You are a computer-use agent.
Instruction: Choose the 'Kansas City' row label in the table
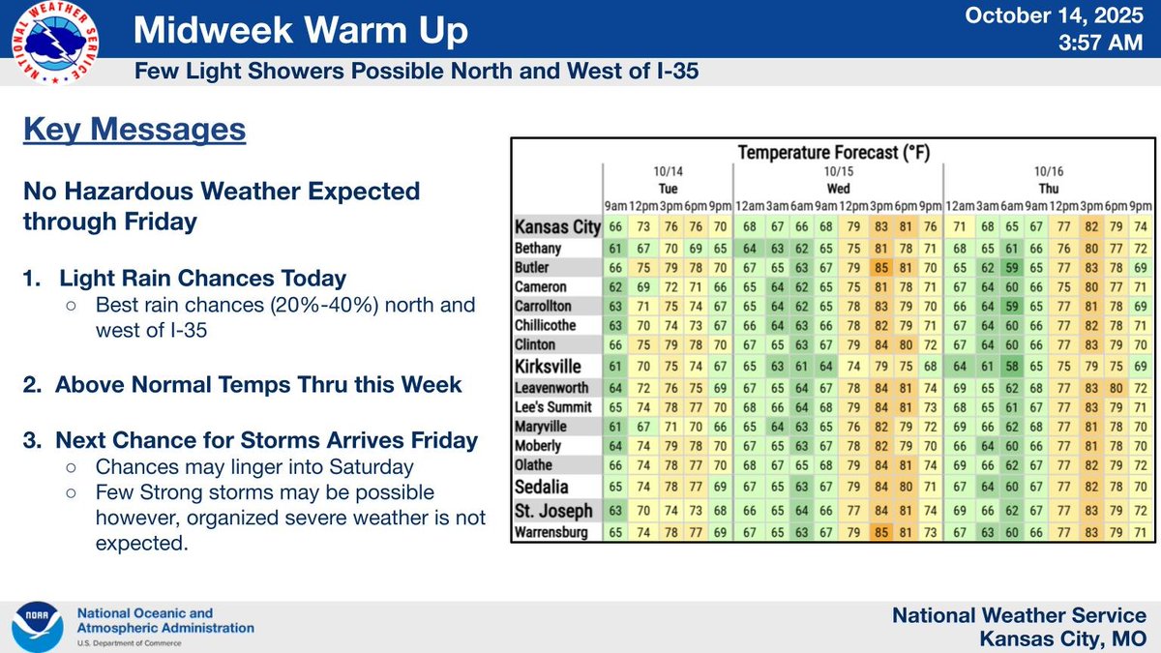click(x=557, y=226)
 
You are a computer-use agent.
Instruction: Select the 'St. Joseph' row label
click(x=548, y=510)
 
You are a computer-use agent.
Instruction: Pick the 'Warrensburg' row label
click(x=551, y=531)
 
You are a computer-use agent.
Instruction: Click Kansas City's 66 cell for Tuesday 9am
click(x=616, y=226)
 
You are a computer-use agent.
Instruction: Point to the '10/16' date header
click(x=1048, y=172)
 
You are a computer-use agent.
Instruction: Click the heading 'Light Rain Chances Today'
click(x=203, y=279)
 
